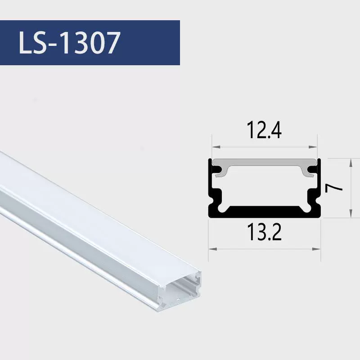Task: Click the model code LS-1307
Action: [70, 43]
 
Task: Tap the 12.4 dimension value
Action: [264, 130]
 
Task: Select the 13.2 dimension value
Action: [264, 232]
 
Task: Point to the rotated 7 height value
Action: [334, 188]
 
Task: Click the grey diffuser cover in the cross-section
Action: [265, 162]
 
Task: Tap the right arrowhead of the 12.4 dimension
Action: [313, 147]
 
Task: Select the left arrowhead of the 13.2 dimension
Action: [212, 249]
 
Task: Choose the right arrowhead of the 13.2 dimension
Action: [317, 249]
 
